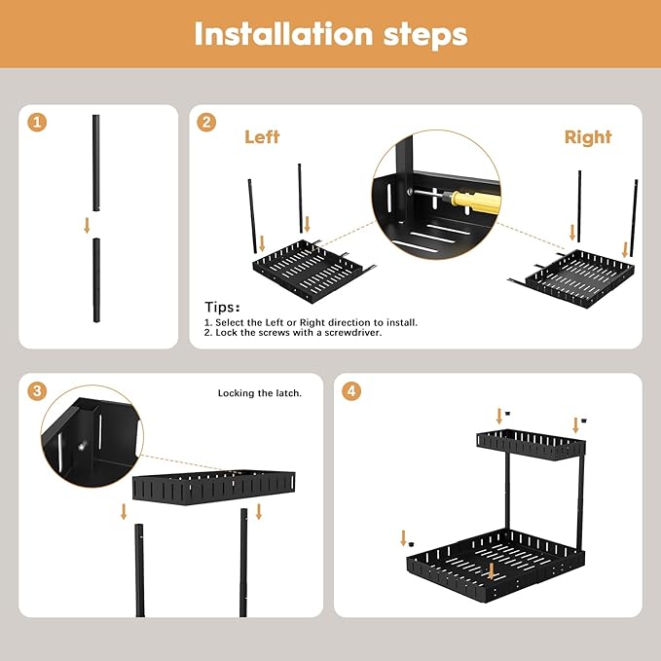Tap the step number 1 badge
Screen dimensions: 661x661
[37, 123]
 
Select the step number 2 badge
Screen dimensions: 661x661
[206, 123]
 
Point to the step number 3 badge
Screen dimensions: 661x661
[37, 391]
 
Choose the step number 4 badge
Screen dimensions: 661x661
[352, 391]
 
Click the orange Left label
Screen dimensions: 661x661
[262, 137]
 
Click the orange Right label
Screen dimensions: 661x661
[588, 137]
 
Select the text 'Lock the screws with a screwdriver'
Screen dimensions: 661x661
[296, 333]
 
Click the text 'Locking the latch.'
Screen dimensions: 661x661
[259, 393]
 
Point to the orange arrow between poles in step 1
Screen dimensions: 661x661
[87, 225]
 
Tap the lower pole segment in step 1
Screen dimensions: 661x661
[96, 282]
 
